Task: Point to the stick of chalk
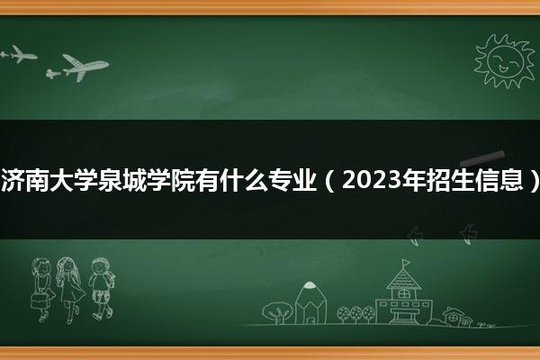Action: [x=482, y=157]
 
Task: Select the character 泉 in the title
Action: [x=110, y=180]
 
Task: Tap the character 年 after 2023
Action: [x=415, y=180]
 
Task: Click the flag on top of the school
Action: [x=406, y=263]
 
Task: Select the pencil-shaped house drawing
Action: [x=310, y=302]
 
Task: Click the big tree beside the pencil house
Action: [x=277, y=312]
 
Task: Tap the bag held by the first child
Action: [x=39, y=301]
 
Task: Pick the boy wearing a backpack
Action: [x=101, y=289]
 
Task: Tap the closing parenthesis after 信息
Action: [x=534, y=181]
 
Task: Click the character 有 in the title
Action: [x=207, y=180]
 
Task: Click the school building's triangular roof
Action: [x=403, y=278]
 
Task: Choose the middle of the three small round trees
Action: [x=356, y=314]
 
